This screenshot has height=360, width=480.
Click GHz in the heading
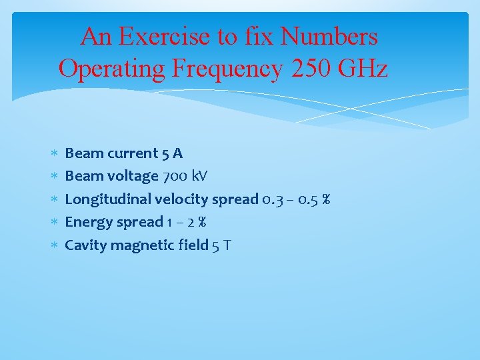click(x=363, y=68)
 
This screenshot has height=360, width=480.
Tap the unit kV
click(x=199, y=176)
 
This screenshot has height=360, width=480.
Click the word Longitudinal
click(x=108, y=199)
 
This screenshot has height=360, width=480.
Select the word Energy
click(x=85, y=222)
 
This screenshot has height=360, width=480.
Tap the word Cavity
click(x=85, y=245)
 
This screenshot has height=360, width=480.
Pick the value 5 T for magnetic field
click(x=221, y=245)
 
